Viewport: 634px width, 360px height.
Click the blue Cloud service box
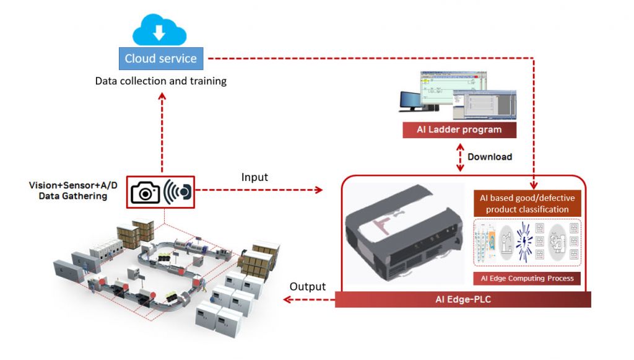point(160,59)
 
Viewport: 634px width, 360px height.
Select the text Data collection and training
point(160,81)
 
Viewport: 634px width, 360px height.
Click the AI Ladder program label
point(459,130)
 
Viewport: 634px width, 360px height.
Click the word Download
point(490,157)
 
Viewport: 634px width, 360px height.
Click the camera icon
point(145,192)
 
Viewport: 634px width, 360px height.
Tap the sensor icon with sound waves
point(178,192)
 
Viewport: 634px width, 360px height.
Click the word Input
point(254,178)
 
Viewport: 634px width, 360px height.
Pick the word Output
point(308,287)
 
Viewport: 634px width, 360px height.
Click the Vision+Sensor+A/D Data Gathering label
point(68,191)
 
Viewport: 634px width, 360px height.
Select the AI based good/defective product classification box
point(527,203)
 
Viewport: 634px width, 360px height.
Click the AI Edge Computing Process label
point(527,278)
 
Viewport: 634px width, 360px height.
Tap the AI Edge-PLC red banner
point(462,300)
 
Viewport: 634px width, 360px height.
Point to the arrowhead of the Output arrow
point(285,300)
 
